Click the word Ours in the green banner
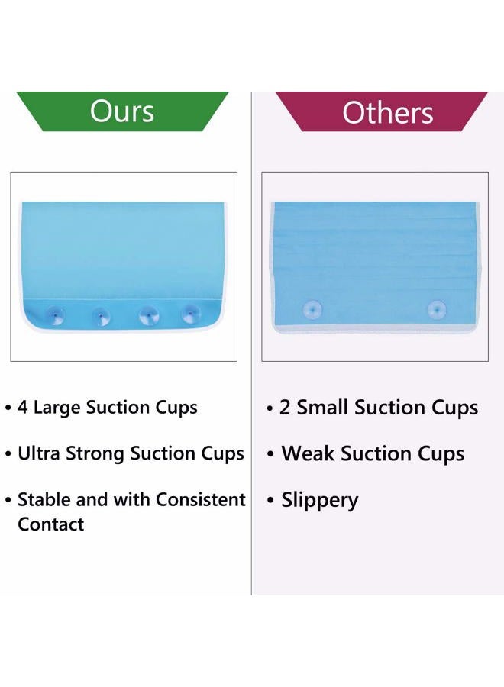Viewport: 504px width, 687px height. pyautogui.click(x=122, y=111)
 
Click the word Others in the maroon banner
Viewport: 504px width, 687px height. pyautogui.click(x=388, y=113)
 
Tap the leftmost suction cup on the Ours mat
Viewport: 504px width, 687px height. pyautogui.click(x=56, y=314)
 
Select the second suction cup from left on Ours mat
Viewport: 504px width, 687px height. pyautogui.click(x=102, y=316)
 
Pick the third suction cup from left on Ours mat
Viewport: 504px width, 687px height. pyautogui.click(x=147, y=316)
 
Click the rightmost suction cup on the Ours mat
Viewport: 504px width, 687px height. pyautogui.click(x=191, y=314)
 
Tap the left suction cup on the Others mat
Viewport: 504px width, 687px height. pyautogui.click(x=312, y=310)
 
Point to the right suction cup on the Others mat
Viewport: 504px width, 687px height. pyautogui.click(x=437, y=310)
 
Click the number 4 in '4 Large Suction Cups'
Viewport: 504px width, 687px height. pyautogui.click(x=22, y=407)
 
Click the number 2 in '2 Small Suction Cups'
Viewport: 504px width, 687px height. pyautogui.click(x=285, y=407)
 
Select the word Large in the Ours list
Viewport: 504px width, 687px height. pyautogui.click(x=57, y=408)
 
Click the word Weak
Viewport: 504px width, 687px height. pyautogui.click(x=308, y=453)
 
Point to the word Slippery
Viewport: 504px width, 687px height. pyautogui.click(x=319, y=501)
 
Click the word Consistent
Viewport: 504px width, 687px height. pyautogui.click(x=200, y=499)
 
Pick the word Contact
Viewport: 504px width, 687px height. pyautogui.click(x=51, y=524)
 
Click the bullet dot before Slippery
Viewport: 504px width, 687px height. pyautogui.click(x=270, y=500)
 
